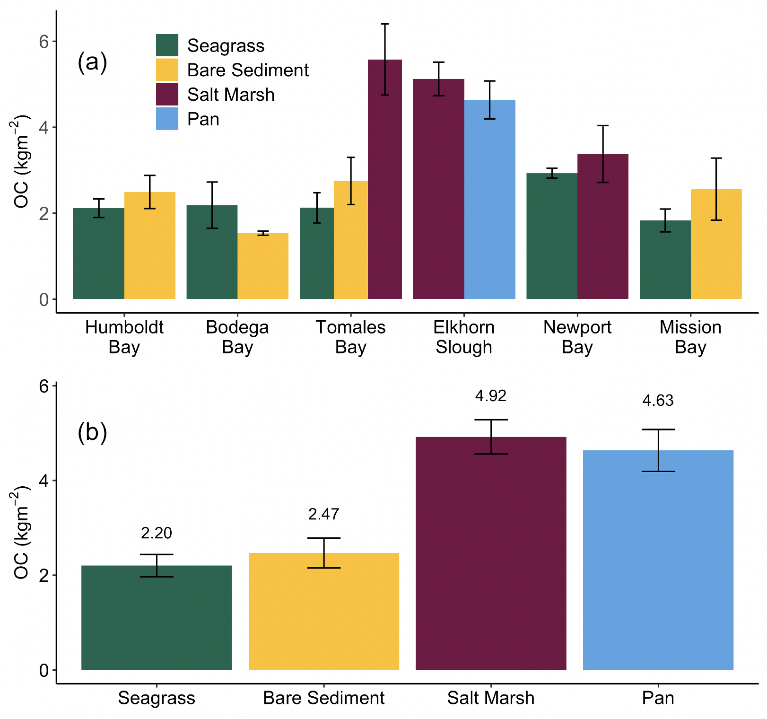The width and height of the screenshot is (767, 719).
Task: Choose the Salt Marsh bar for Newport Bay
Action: pyautogui.click(x=603, y=227)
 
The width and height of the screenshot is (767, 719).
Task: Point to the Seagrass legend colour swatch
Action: pyautogui.click(x=167, y=45)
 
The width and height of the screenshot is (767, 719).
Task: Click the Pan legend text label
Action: pyautogui.click(x=203, y=119)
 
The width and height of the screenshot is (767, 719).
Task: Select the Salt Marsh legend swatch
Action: pyautogui.click(x=167, y=94)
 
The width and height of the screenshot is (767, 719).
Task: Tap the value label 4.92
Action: pyautogui.click(x=491, y=396)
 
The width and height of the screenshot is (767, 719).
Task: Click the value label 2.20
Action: pyautogui.click(x=157, y=533)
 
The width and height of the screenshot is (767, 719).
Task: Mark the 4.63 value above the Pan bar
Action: pyautogui.click(x=658, y=401)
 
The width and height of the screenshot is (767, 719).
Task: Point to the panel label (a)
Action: pyautogui.click(x=92, y=62)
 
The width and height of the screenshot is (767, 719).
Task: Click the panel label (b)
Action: pyautogui.click(x=92, y=432)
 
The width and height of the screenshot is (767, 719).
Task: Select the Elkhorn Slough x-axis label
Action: pyautogui.click(x=464, y=337)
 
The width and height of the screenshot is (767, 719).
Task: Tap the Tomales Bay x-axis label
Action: pyautogui.click(x=351, y=337)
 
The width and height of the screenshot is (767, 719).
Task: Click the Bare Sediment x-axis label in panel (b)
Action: pyautogui.click(x=324, y=698)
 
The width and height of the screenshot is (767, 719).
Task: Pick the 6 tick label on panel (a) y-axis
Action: pyautogui.click(x=44, y=42)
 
